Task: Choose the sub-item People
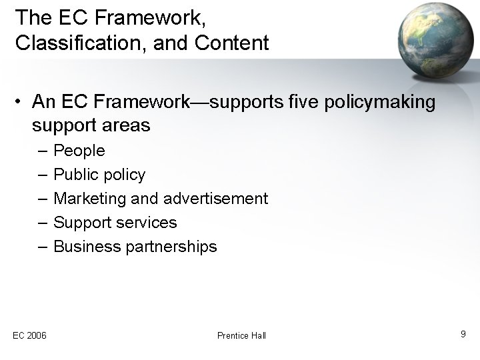[79, 151]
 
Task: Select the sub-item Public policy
[99, 175]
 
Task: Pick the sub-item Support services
[115, 223]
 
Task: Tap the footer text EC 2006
[29, 335]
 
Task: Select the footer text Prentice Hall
[241, 335]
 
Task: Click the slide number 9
[463, 333]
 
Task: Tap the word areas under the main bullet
[125, 125]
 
